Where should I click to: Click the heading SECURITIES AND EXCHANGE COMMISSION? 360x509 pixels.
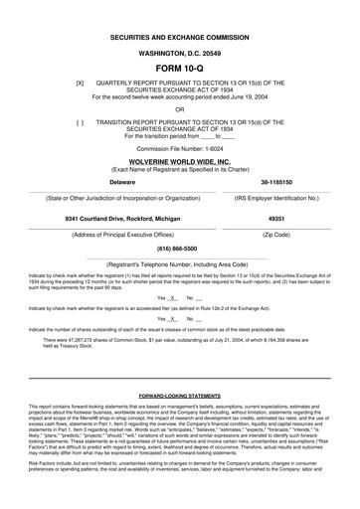179,35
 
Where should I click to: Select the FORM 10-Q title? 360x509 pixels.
179,69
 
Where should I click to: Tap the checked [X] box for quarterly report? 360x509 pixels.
80,84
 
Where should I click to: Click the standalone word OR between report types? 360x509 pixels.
179,109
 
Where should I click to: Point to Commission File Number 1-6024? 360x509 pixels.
179,147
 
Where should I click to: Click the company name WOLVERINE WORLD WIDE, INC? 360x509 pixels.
179,159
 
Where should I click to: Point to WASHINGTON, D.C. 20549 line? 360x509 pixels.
179,52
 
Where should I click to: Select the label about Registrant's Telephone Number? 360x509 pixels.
179,265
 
